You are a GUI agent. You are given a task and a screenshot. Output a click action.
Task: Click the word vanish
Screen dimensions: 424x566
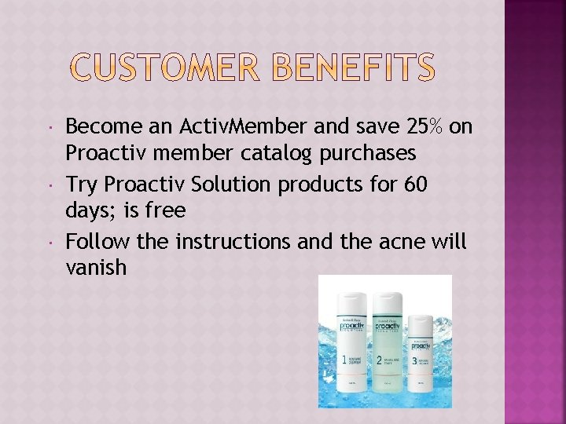click(96, 268)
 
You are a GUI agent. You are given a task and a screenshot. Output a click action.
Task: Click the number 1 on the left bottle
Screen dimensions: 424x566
click(344, 360)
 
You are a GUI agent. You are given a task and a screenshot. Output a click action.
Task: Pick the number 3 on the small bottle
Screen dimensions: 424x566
click(416, 361)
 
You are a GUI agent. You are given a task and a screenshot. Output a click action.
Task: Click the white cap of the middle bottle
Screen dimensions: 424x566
click(386, 300)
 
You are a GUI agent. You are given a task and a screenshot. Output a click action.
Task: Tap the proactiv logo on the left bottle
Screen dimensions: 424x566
click(351, 325)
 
